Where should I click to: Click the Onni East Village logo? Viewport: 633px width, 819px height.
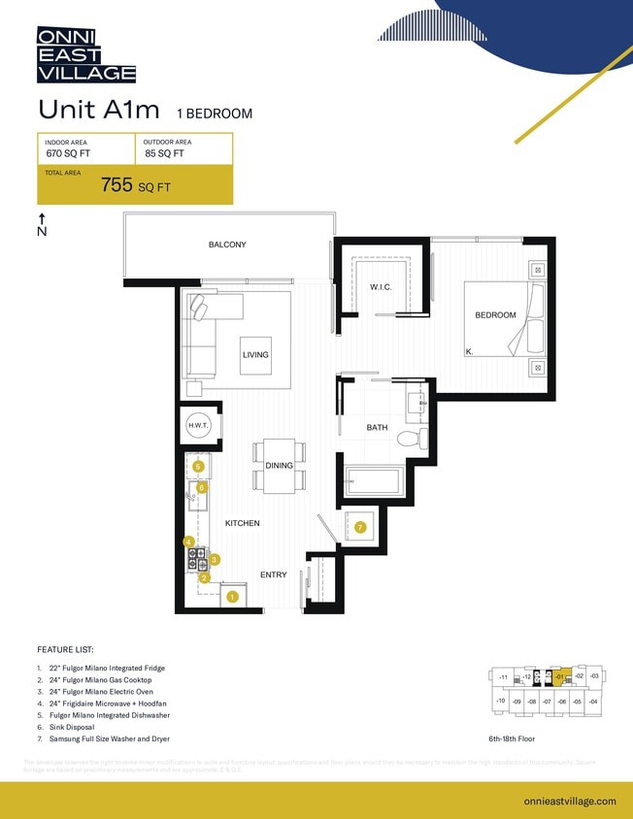(x=86, y=54)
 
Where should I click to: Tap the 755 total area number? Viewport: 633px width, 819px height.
(x=117, y=186)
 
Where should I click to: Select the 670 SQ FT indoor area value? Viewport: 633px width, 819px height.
(x=67, y=153)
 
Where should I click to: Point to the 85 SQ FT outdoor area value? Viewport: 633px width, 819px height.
(x=164, y=153)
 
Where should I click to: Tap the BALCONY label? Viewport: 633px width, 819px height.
(x=227, y=245)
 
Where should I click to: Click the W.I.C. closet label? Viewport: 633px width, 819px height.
(x=380, y=287)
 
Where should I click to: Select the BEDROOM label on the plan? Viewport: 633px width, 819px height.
(x=495, y=314)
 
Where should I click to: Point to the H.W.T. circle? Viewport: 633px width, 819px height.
(x=198, y=426)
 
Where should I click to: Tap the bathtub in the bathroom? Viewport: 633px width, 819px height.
(x=375, y=482)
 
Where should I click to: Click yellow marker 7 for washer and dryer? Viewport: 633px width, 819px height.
(x=359, y=527)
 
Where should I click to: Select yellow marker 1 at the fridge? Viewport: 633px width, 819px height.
(x=232, y=598)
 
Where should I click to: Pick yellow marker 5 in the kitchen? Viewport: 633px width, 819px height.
(x=198, y=467)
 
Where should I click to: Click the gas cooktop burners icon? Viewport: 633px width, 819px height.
(x=198, y=559)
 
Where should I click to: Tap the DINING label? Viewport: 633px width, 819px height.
(x=279, y=466)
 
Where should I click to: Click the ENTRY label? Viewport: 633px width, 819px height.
(x=274, y=574)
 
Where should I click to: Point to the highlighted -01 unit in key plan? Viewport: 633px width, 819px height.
(x=559, y=675)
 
